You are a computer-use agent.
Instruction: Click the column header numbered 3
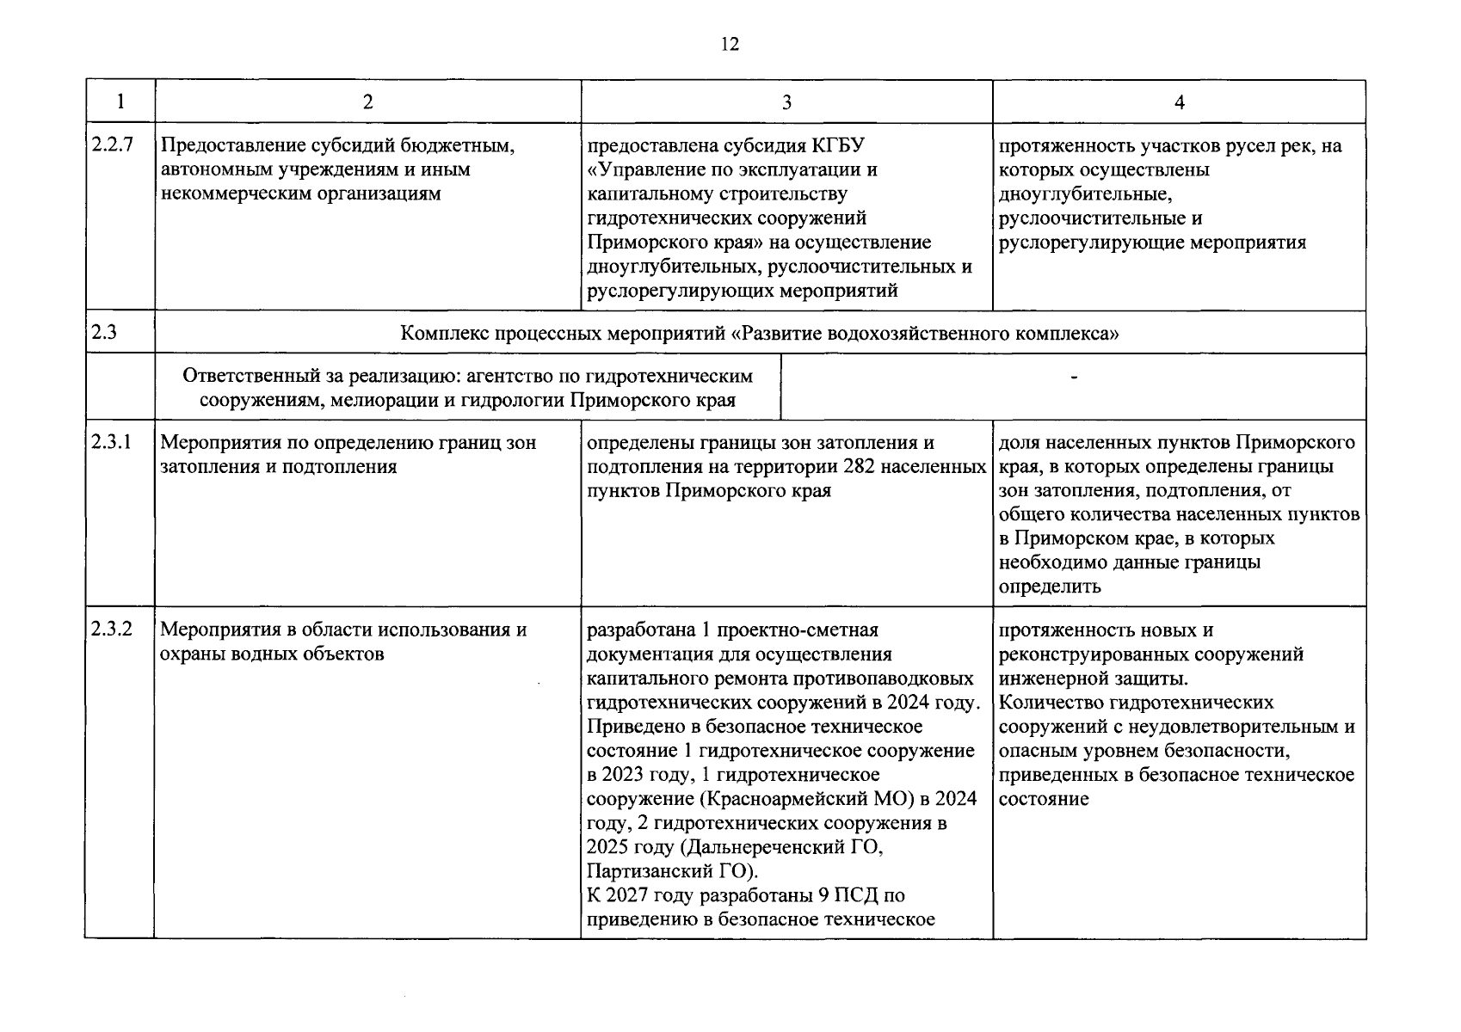786,102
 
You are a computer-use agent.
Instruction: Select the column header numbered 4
1179,102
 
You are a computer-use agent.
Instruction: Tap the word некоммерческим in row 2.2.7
226,193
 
